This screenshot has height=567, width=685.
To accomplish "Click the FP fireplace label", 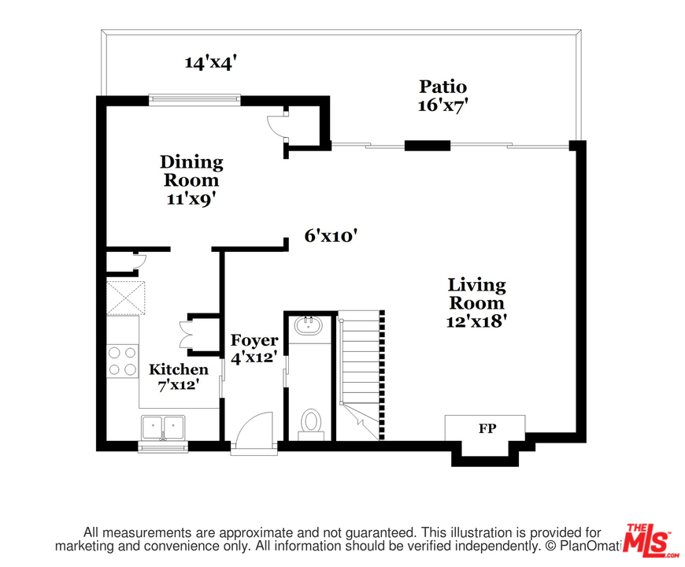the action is [x=487, y=428].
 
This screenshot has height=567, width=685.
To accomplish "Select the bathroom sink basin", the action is [x=309, y=325].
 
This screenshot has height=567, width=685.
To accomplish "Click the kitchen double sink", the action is [x=163, y=427].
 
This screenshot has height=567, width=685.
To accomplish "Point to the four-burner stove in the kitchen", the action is [x=122, y=361].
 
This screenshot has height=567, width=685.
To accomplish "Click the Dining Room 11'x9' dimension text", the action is [x=192, y=199].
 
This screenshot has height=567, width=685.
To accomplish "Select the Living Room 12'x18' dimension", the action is [x=476, y=321].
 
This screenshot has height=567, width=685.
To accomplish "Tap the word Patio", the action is [x=443, y=87].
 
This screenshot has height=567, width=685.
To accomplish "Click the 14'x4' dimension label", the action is [x=210, y=62].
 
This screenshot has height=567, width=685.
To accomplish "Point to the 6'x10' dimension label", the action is [x=331, y=236].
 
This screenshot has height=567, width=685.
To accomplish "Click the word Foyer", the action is [x=254, y=340].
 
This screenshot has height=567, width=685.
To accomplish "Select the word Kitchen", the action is [x=179, y=369].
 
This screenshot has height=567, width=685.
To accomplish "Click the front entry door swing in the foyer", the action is [x=254, y=430].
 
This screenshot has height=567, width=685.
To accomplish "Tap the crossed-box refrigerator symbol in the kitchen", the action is [x=126, y=298].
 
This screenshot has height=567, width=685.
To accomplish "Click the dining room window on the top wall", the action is [x=194, y=99].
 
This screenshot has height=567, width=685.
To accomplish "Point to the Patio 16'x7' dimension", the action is [x=443, y=106].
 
